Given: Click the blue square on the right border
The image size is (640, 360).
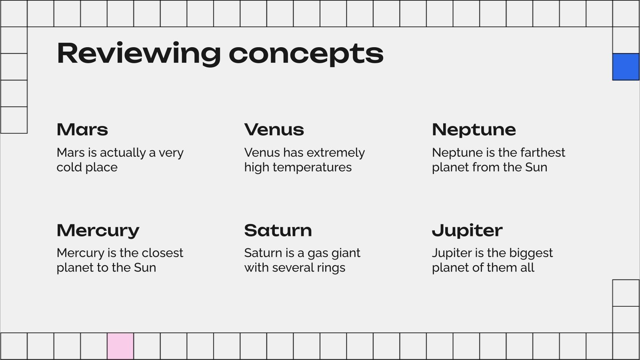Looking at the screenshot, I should click(626, 67).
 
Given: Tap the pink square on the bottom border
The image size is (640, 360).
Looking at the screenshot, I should click(120, 346).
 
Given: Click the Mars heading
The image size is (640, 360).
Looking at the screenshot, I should click(82, 130).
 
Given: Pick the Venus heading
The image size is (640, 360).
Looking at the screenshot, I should click(274, 130).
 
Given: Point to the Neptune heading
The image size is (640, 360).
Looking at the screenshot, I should click(474, 130).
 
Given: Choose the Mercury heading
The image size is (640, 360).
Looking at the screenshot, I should click(98, 231).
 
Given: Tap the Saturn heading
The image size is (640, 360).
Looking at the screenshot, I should click(278, 230).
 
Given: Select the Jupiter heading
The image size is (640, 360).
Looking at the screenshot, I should click(467, 231).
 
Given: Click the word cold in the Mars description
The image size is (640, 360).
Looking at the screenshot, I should click(69, 167).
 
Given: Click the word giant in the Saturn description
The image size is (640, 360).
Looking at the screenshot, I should click(348, 253).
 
